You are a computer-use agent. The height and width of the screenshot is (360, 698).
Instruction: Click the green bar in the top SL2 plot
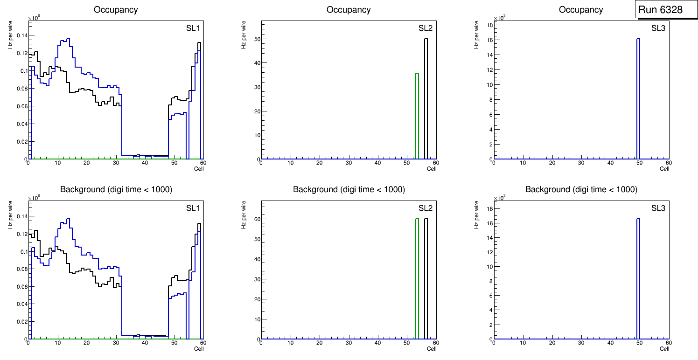point(417,117)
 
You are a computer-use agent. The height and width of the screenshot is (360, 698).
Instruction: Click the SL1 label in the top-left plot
point(193,28)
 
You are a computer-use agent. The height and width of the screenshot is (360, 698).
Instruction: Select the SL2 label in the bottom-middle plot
point(425,208)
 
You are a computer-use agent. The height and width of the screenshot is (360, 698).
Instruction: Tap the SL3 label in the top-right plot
point(658,28)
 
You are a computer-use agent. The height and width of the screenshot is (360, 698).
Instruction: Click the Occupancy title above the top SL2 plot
point(349,10)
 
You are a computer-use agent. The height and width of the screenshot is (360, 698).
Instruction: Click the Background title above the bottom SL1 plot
point(116,189)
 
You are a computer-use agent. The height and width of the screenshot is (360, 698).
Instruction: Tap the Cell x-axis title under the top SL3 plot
point(664,169)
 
